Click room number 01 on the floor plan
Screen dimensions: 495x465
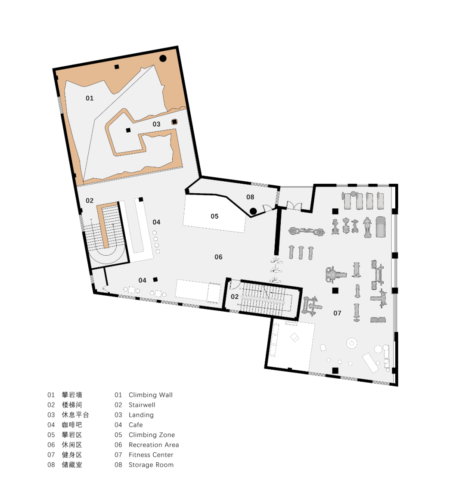(90, 98)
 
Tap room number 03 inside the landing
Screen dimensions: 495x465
(156, 124)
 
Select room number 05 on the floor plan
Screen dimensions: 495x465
(214, 216)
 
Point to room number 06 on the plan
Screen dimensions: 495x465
(218, 257)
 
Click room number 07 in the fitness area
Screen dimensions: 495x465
(337, 313)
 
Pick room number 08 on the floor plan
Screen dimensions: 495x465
(250, 197)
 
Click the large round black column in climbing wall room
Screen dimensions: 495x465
(163, 58)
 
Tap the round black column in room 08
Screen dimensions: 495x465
(253, 211)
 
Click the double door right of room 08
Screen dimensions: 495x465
(294, 206)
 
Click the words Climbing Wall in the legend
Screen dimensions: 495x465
(151, 395)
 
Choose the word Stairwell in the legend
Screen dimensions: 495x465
(142, 405)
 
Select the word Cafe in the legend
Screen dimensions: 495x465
(136, 425)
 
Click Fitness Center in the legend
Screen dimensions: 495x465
(151, 455)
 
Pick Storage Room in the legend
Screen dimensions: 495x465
(151, 465)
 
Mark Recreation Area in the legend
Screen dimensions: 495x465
(154, 445)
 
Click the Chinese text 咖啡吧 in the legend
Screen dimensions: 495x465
(72, 425)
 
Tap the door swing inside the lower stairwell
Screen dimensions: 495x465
(235, 285)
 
